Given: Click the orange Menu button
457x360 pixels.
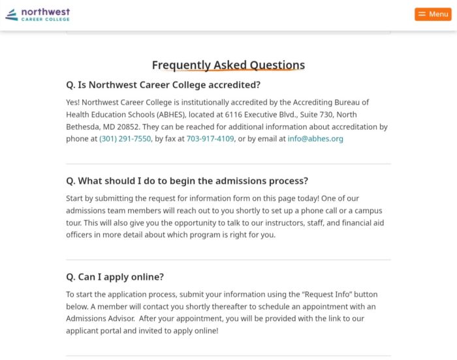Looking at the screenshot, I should click(x=433, y=14).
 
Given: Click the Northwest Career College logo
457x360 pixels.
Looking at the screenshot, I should click(x=38, y=14).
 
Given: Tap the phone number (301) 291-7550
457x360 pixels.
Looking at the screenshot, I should click(x=125, y=139).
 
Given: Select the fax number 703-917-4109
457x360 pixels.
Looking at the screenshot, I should click(x=210, y=139).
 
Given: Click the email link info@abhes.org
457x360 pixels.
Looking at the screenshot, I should click(x=315, y=139).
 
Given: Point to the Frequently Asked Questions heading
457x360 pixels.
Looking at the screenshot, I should click(x=228, y=65).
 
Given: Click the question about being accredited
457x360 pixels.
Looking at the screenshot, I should click(x=163, y=85).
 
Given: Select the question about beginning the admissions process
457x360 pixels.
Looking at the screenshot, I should click(x=187, y=181).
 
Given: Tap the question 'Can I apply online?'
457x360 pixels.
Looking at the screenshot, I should click(x=115, y=277).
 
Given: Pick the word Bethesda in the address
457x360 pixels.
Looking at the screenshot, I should click(x=84, y=127).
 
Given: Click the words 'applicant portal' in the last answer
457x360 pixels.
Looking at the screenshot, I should click(x=90, y=331).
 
